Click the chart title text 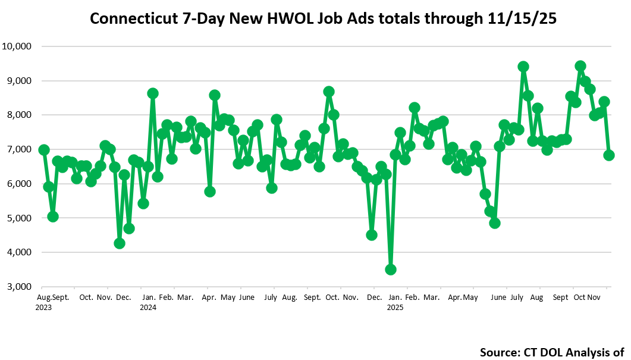pos(323,18)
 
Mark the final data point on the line pos(609,155)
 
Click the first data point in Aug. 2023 pos(43,150)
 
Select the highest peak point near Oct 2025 pos(580,66)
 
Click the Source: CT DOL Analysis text pos(551,352)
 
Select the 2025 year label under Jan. pos(395,308)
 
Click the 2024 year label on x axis pos(148,308)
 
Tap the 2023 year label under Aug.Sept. pos(44,308)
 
